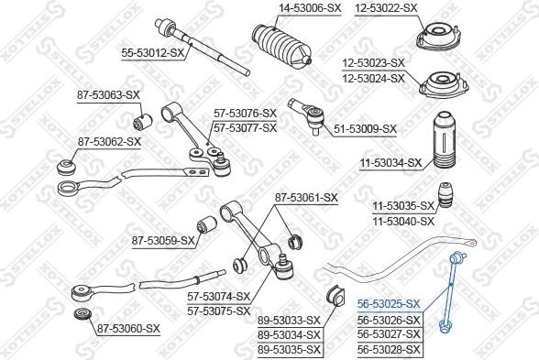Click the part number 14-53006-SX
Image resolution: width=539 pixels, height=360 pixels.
click(310, 8)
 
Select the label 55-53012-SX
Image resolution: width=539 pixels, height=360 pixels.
click(152, 53)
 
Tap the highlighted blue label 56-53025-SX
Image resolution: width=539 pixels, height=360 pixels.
click(389, 304)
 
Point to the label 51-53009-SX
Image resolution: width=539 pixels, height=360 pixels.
click(365, 129)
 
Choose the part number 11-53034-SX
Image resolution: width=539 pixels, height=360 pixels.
click(390, 163)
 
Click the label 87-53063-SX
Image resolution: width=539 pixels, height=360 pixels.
click(108, 95)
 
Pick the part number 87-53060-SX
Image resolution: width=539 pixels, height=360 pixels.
click(128, 329)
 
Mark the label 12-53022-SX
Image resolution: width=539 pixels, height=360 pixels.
click(386, 8)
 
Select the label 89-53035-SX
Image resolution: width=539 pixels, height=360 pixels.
click(289, 350)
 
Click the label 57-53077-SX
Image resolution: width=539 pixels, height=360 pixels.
click(245, 128)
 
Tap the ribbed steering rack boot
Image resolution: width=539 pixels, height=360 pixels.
click(282, 45)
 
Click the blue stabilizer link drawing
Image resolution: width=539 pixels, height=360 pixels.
click(452, 292)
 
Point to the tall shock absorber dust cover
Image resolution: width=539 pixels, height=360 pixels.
click(444, 140)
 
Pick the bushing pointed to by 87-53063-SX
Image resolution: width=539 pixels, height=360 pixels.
click(142, 121)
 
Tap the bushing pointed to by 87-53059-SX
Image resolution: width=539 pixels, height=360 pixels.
click(206, 224)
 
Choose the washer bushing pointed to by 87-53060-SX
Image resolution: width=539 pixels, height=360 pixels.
click(82, 315)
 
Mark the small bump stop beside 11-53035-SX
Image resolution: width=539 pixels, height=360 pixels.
click(445, 195)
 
